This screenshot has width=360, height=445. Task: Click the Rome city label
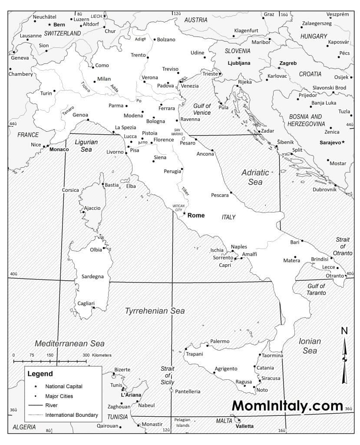pyautogui.click(x=196, y=215)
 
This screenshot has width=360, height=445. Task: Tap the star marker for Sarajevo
pyautogui.click(x=343, y=142)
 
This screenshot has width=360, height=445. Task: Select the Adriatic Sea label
pyautogui.click(x=255, y=177)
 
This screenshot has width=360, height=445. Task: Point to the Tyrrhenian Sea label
pyautogui.click(x=155, y=311)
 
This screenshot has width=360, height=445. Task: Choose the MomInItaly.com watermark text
pyautogui.click(x=287, y=405)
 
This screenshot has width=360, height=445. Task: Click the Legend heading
pyautogui.click(x=40, y=374)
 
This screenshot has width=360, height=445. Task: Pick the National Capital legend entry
pyautogui.click(x=64, y=386)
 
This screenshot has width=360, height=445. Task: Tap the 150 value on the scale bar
pyautogui.click(x=50, y=355)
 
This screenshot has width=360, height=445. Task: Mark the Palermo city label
pyautogui.click(x=220, y=341)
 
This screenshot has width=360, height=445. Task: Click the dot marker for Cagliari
pyautogui.click(x=94, y=307)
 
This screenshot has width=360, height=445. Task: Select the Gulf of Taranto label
pyautogui.click(x=316, y=289)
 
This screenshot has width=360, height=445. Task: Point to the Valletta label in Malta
pyautogui.click(x=244, y=426)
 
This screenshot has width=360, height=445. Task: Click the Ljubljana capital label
pyautogui.click(x=239, y=63)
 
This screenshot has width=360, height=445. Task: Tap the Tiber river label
pyautogui.click(x=185, y=191)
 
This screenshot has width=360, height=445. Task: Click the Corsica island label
pyautogui.click(x=70, y=190)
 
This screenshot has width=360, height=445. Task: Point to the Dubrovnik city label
pyautogui.click(x=324, y=189)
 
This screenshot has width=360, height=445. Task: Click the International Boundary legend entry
pyautogui.click(x=72, y=415)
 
